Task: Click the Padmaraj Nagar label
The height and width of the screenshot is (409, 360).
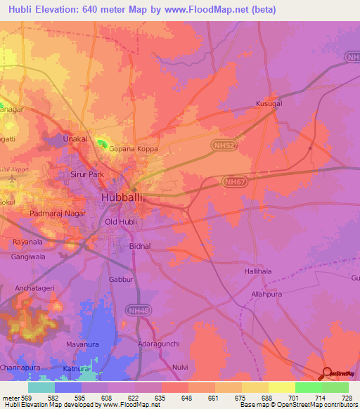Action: [x=58, y=212]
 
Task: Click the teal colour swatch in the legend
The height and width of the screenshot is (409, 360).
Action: [x=41, y=387]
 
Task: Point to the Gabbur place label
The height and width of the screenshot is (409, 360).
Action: [x=121, y=279]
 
